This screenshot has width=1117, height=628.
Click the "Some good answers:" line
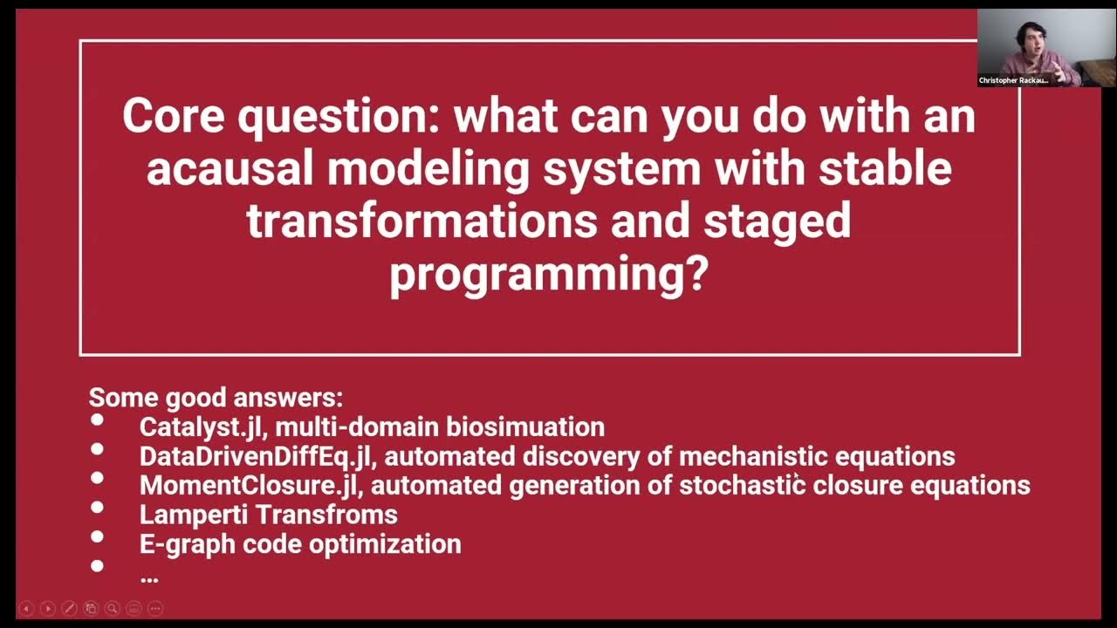point(216,398)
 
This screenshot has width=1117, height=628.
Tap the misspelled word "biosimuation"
point(525,427)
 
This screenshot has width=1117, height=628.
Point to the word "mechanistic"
point(753,456)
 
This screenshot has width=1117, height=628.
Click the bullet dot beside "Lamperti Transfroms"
point(97,507)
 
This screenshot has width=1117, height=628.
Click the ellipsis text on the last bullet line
point(148,577)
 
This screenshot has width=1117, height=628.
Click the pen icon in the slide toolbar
point(69,608)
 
